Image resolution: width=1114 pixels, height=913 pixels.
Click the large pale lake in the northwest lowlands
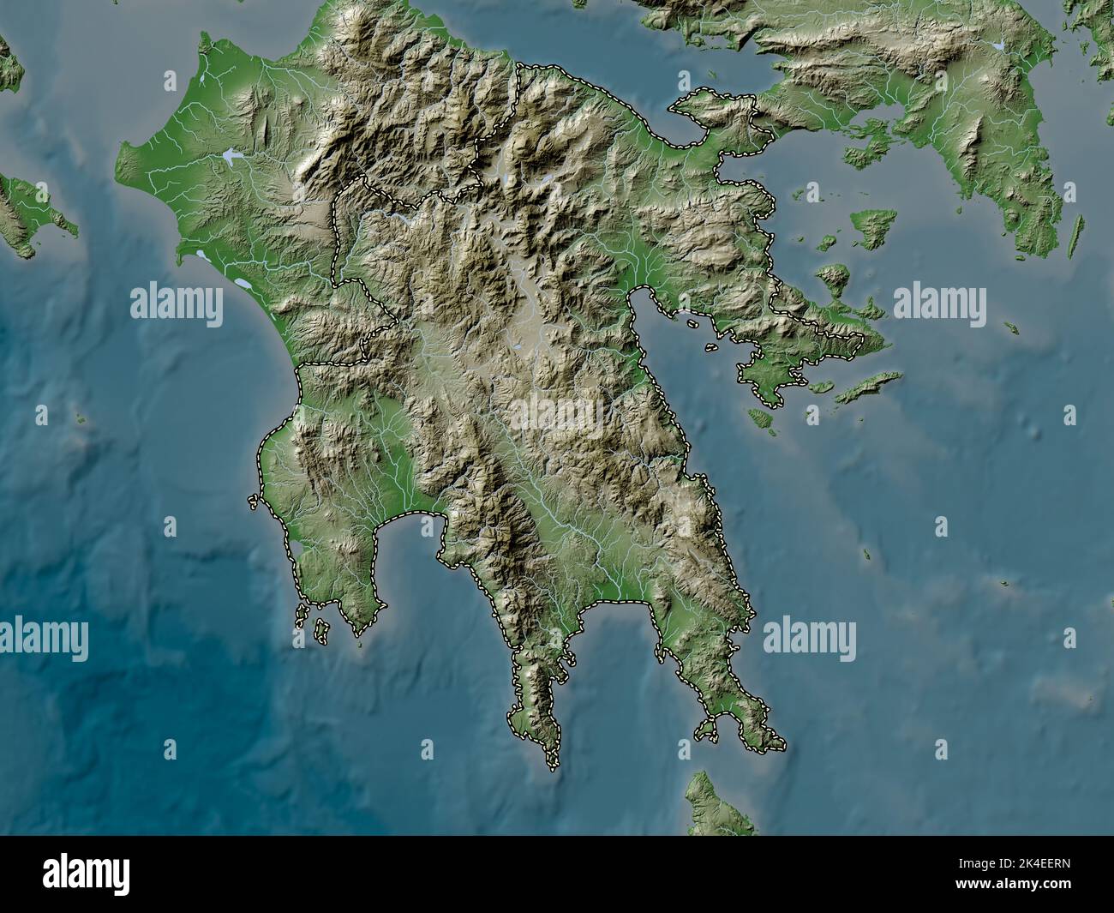coord(230,156)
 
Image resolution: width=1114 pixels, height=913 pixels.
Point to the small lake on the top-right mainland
coord(997,44)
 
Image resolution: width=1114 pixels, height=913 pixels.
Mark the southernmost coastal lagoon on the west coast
coord(242,283)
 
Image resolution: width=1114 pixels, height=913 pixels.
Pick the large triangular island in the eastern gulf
coord(875,225)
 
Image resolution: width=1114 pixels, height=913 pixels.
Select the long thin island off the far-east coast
coord(1075,236)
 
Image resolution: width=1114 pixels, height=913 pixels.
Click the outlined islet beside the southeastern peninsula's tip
coord(706,730)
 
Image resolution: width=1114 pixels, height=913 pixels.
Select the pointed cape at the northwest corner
coord(203,39)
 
